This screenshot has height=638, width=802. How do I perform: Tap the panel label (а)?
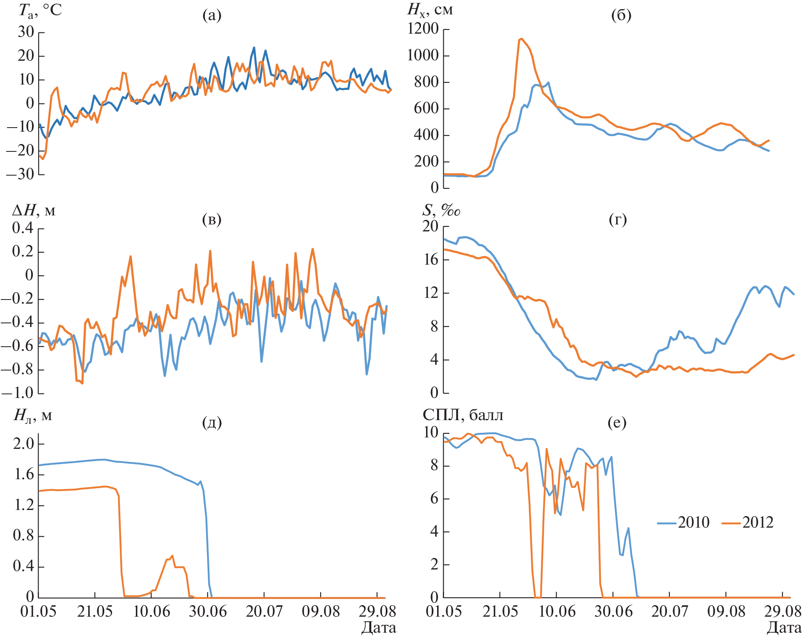click(x=212, y=15)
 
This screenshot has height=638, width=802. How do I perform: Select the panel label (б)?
click(x=621, y=15)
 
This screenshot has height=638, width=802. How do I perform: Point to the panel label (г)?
click(x=618, y=220)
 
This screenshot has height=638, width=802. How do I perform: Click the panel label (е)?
click(x=617, y=422)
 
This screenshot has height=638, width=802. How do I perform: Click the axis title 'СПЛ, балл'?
click(x=463, y=415)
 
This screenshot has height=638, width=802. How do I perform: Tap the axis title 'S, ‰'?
click(x=441, y=210)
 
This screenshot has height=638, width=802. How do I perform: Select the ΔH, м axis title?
click(x=34, y=210)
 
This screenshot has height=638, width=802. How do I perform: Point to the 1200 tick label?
click(x=423, y=29)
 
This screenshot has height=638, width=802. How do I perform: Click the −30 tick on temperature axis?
click(x=20, y=174)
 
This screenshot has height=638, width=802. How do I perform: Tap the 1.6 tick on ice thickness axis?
click(x=24, y=474)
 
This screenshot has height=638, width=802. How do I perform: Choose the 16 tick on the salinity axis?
click(x=431, y=260)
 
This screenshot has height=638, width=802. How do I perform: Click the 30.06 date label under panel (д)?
click(x=208, y=612)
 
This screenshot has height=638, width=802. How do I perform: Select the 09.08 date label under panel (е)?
click(x=726, y=612)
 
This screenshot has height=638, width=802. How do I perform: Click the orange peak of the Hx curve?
click(x=521, y=39)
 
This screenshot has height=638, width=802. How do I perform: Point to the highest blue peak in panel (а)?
click(x=254, y=48)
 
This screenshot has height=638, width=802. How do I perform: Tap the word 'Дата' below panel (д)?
click(x=378, y=628)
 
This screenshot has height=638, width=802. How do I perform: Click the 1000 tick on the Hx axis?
click(x=423, y=55)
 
